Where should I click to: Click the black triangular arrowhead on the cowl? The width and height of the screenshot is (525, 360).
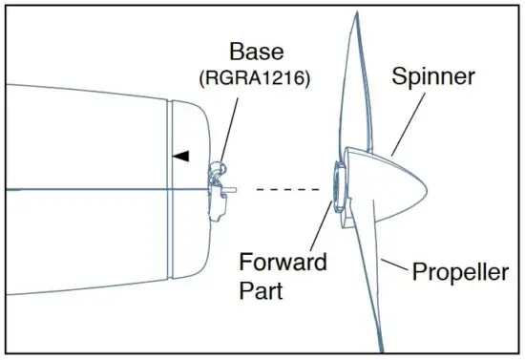click(180, 154)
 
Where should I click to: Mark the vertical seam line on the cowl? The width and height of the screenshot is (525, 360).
click(169, 191)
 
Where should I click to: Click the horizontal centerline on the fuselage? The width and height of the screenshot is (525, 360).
click(95, 189)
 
